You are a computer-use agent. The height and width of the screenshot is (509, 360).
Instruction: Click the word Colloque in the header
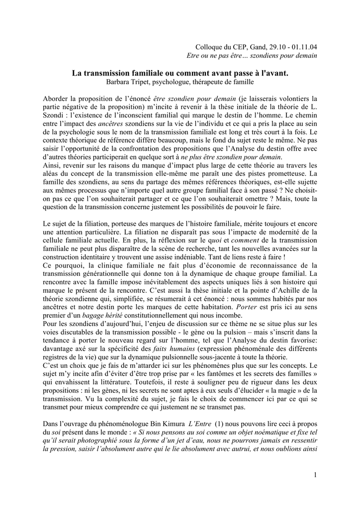point(209,47)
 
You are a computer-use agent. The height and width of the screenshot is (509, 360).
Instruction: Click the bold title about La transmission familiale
point(180,73)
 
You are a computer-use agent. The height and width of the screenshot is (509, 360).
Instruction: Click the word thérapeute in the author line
point(213,82)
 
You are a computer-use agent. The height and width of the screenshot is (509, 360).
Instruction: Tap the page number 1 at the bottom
point(315,475)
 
